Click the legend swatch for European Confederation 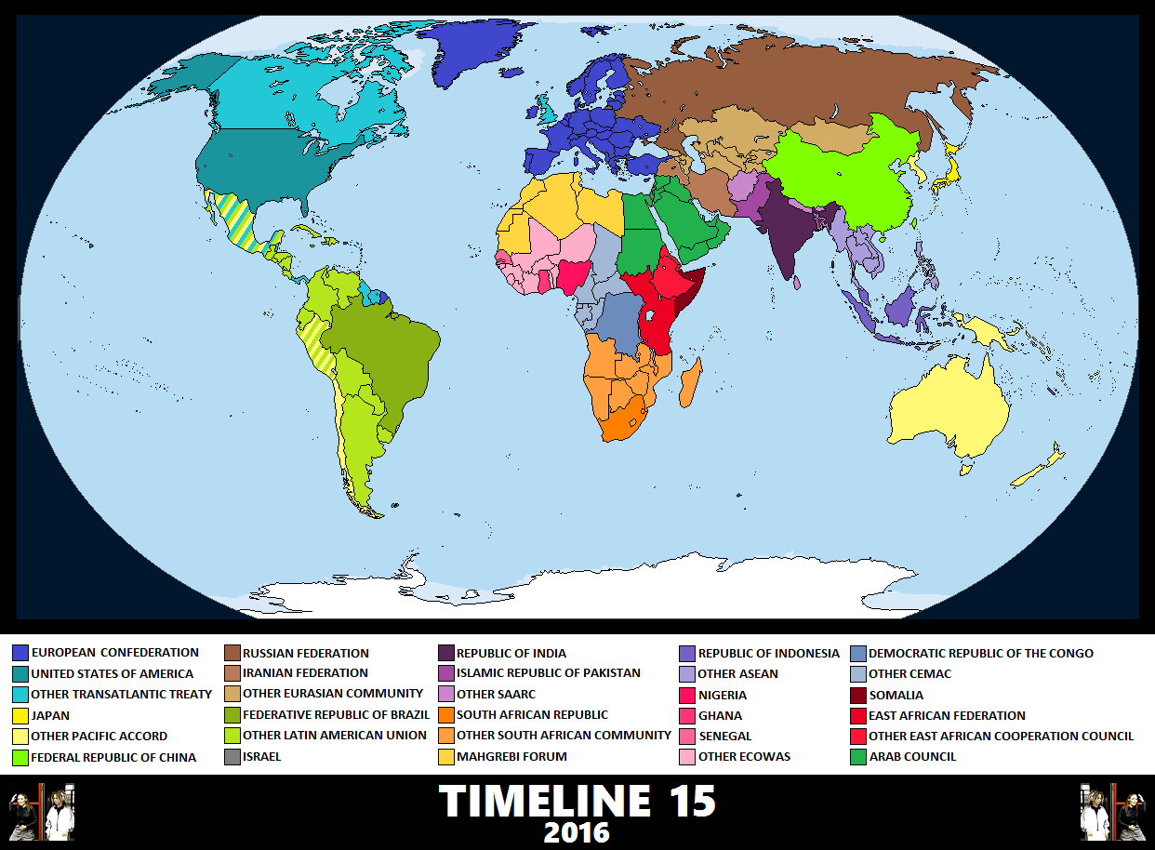coord(20,653)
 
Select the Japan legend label coord(50,715)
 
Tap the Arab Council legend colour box coord(857,756)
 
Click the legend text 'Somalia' coord(897,695)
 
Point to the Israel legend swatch coord(232,757)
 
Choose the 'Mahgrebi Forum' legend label coord(511,756)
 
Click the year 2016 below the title coord(577,831)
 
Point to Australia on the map coord(949,409)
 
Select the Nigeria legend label coord(722,695)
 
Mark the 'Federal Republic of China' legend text coord(113,757)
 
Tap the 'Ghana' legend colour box coord(687,715)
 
